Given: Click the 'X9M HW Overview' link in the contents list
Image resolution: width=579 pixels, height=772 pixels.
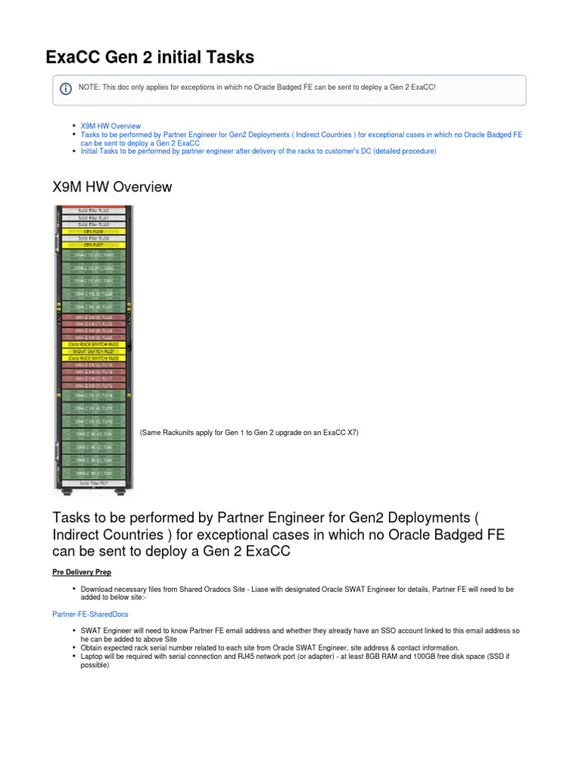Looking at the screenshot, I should click(110, 126).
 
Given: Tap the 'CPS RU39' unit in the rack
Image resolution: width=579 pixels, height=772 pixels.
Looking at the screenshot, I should click(93, 231).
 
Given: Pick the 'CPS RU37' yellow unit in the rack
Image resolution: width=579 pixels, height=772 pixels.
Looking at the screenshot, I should click(93, 245).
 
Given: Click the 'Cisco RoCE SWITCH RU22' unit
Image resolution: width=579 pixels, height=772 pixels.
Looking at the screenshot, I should click(93, 345).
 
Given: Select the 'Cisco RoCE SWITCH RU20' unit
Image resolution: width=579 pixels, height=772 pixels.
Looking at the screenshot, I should click(93, 358).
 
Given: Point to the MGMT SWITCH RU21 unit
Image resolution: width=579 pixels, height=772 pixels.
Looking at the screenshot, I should click(93, 351).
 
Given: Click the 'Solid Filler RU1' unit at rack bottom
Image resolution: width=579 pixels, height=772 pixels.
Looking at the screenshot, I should click(93, 481).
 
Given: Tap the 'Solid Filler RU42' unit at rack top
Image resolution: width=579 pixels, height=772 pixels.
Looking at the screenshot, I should click(93, 210).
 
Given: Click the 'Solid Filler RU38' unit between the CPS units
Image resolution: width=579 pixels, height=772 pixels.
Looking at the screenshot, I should click(93, 238).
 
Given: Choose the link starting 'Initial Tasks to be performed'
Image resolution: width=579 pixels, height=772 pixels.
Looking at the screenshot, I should click(258, 151).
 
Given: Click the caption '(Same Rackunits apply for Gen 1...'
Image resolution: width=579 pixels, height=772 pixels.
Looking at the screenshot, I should click(249, 433).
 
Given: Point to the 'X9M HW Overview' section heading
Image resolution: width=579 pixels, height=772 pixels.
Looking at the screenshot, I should click(112, 186).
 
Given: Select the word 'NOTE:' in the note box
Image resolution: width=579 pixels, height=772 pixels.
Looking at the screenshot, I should click(89, 87).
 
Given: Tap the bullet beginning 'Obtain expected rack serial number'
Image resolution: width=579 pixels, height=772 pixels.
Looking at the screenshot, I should click(269, 648).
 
